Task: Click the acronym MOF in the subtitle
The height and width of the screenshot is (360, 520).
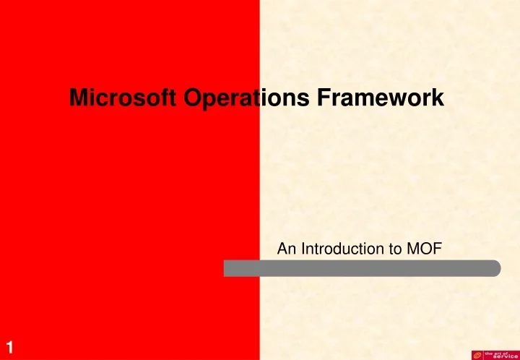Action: click(427, 249)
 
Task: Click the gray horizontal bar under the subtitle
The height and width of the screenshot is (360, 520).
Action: click(361, 268)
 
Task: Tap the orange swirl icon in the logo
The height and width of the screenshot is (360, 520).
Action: click(477, 354)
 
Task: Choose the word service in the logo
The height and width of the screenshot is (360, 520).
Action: click(503, 356)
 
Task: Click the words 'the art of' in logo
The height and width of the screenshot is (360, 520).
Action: click(498, 351)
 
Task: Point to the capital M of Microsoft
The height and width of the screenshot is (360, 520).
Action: click(77, 99)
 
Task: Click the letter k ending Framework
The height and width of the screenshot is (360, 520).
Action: click(439, 99)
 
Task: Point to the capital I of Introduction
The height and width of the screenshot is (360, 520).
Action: click(302, 249)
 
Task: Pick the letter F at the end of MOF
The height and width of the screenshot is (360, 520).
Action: click(438, 249)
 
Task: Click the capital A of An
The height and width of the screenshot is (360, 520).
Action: click(282, 249)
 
